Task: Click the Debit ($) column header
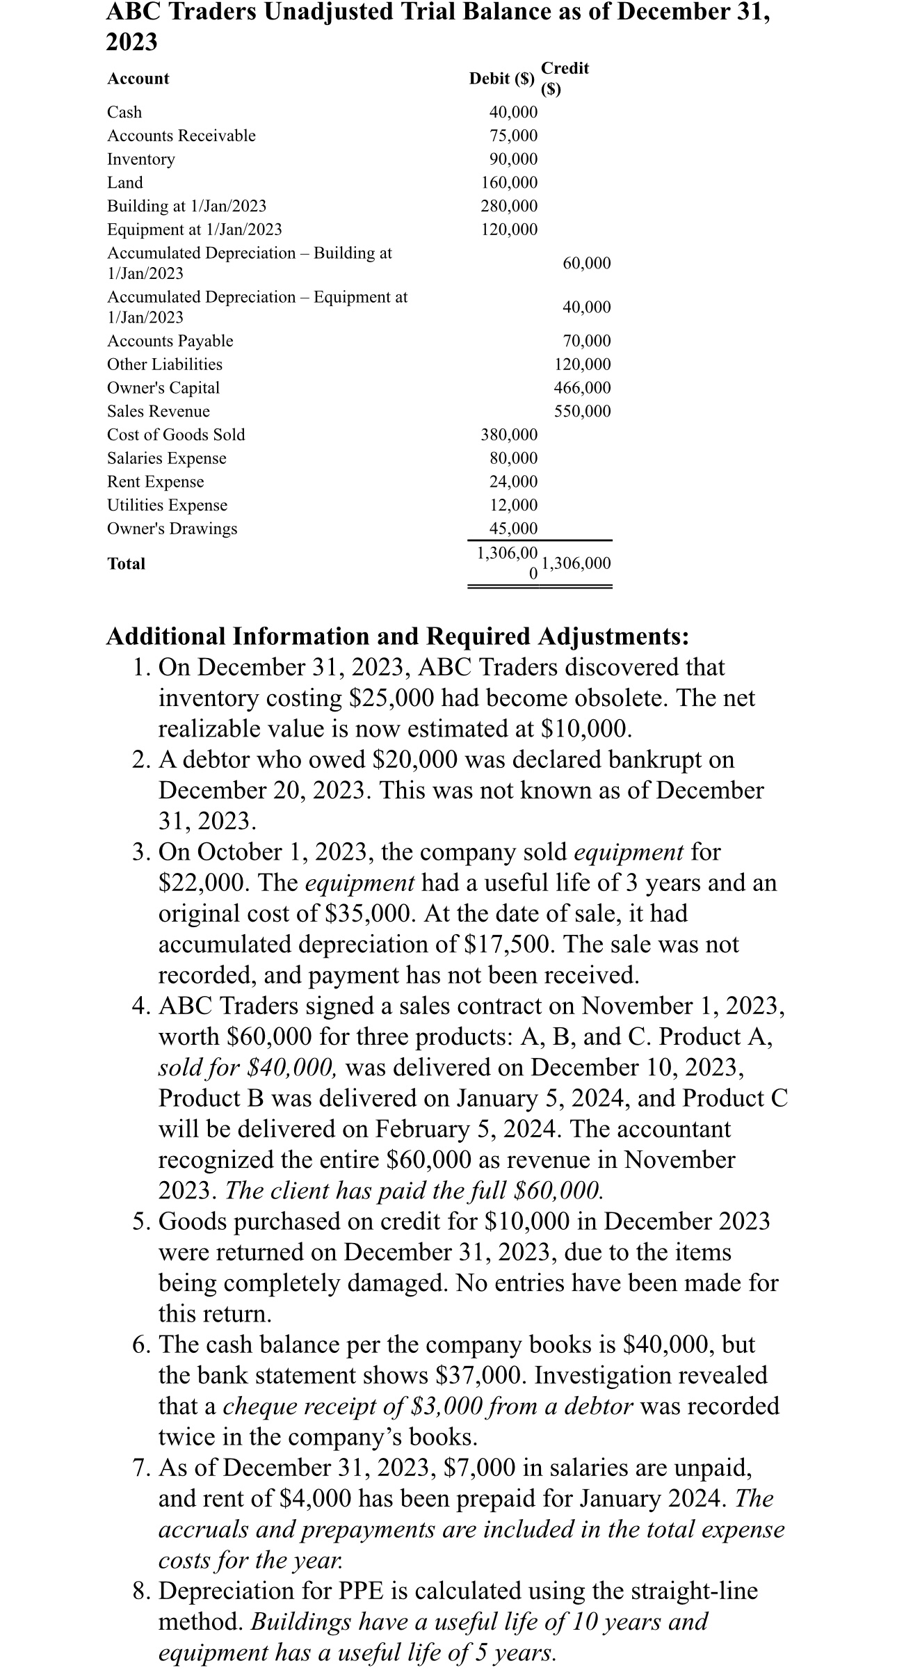501,79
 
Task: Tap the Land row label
124,182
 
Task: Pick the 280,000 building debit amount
509,206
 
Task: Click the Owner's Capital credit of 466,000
582,387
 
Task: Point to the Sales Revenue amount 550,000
582,411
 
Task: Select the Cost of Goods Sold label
175,435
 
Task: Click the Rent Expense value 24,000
513,481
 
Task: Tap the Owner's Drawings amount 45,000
513,529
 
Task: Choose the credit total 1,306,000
576,563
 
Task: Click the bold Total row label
126,564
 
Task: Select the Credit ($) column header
564,78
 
